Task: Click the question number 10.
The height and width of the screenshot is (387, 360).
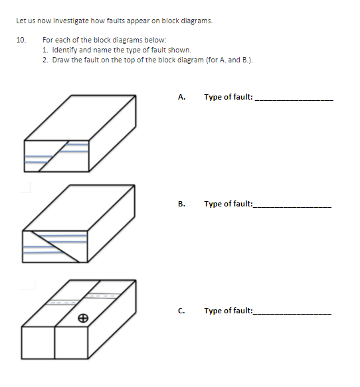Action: click(x=20, y=40)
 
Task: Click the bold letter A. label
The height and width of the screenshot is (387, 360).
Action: click(x=181, y=98)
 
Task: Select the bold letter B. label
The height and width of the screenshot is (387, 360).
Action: click(x=181, y=204)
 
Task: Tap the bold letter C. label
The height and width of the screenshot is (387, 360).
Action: click(x=181, y=311)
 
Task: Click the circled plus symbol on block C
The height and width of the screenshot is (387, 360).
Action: click(x=82, y=319)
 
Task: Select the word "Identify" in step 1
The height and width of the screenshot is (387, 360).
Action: click(x=62, y=50)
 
